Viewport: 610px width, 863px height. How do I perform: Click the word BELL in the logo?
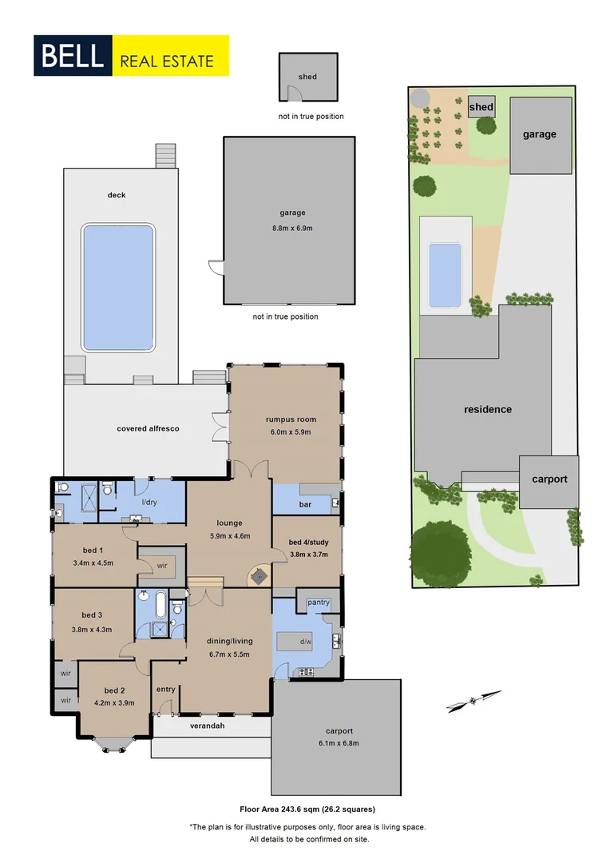72,56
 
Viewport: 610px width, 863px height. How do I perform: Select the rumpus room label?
291,420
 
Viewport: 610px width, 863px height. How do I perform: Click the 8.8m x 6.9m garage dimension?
288,229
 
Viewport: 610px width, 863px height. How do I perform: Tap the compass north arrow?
474,701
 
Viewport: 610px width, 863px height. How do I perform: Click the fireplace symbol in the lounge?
259,575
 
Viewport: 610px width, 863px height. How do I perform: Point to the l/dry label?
149,502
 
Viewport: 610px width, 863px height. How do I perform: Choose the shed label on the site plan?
481,107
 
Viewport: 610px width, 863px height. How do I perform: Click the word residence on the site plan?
488,409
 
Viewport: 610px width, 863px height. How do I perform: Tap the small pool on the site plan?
445,274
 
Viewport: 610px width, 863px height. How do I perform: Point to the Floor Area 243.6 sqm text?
307,809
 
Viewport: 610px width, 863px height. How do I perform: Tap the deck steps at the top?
164,156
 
